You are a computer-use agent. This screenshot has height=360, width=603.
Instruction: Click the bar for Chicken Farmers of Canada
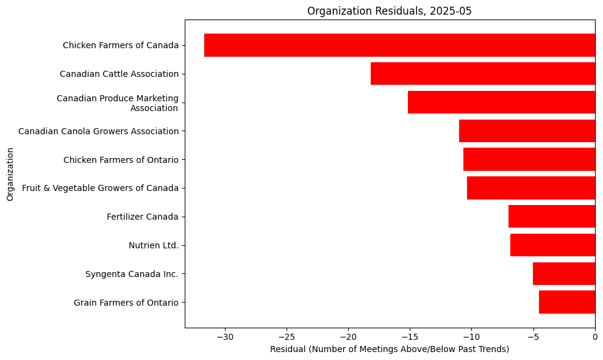pyautogui.click(x=399, y=45)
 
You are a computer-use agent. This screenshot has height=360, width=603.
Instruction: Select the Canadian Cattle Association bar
pyautogui.click(x=482, y=74)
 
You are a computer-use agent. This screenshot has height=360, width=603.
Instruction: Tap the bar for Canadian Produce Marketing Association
pyautogui.click(x=501, y=103)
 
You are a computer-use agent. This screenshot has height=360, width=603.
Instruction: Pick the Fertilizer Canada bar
pyautogui.click(x=551, y=217)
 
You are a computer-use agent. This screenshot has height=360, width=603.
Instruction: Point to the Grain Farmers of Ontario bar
pyautogui.click(x=566, y=302)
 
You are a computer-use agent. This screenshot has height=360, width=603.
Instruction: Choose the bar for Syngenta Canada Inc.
pyautogui.click(x=563, y=273)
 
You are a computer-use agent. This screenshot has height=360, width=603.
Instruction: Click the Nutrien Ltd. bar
pyautogui.click(x=552, y=245)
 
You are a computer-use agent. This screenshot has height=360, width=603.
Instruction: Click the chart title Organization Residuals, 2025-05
pyautogui.click(x=389, y=11)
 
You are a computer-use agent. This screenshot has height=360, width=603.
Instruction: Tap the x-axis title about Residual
pyautogui.click(x=389, y=349)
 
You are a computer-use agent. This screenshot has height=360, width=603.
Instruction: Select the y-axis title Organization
pyautogui.click(x=10, y=173)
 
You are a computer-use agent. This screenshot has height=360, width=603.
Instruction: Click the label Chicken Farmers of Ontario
pyautogui.click(x=121, y=160)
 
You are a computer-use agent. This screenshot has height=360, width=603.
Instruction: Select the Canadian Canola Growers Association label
pyautogui.click(x=98, y=131)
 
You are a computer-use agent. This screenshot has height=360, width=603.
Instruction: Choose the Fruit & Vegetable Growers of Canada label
pyautogui.click(x=100, y=188)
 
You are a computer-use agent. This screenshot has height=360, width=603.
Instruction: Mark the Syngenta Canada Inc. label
pyautogui.click(x=132, y=274)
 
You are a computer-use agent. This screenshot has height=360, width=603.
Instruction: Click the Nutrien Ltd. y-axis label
pyautogui.click(x=153, y=245)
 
